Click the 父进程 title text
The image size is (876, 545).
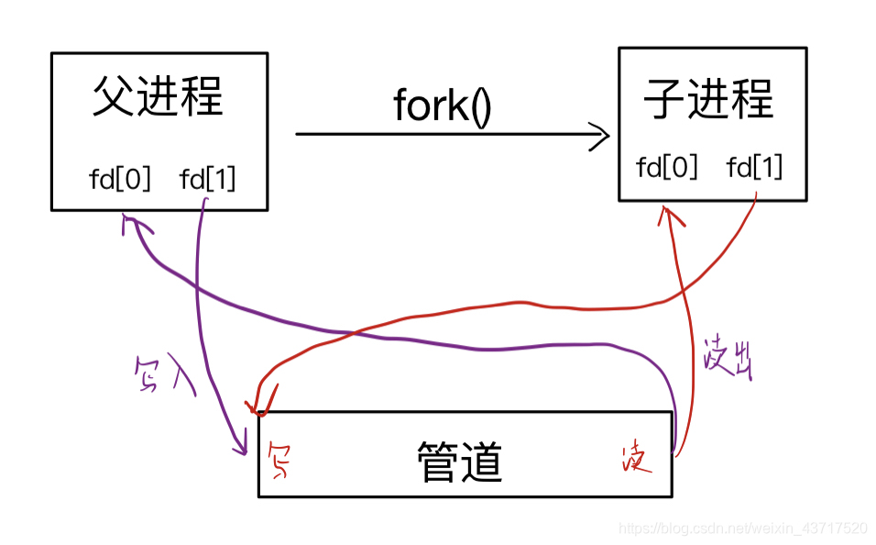click(x=158, y=96)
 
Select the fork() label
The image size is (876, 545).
click(x=443, y=106)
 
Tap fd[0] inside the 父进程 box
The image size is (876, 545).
click(x=119, y=178)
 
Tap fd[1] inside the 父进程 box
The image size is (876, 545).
click(x=208, y=178)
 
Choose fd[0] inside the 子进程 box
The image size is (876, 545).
click(x=667, y=167)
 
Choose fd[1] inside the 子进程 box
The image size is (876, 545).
click(x=754, y=167)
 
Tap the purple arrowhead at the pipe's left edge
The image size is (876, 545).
click(x=243, y=448)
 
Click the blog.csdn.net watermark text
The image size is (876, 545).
click(x=742, y=528)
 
